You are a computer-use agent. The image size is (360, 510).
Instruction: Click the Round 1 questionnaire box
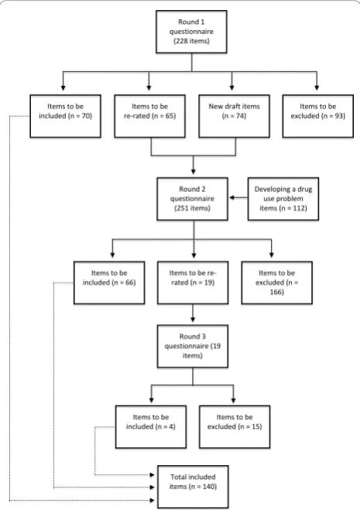click(191, 32)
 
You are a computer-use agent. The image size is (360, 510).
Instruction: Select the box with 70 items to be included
click(66, 116)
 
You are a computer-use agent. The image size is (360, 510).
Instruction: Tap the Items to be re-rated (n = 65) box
click(149, 116)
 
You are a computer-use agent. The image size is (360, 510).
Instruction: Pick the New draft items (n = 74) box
click(234, 116)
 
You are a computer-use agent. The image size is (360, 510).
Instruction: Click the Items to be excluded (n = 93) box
click(318, 116)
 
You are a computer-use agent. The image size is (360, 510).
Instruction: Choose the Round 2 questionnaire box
click(192, 199)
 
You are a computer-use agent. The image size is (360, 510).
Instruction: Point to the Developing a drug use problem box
click(283, 199)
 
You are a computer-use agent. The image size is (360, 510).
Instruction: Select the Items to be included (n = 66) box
click(109, 282)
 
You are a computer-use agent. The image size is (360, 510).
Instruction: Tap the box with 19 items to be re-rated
click(193, 282)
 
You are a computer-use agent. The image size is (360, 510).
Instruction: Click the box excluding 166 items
click(277, 282)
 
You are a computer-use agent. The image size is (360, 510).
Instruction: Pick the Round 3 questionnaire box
click(193, 346)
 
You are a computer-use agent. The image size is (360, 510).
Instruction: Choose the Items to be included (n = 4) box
click(151, 426)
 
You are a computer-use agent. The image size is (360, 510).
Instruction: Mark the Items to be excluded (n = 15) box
click(235, 426)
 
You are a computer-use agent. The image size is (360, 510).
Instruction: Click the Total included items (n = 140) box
click(193, 487)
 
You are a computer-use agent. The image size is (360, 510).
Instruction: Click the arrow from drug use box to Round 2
click(238, 197)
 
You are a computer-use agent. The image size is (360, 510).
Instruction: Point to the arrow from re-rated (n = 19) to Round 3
click(193, 313)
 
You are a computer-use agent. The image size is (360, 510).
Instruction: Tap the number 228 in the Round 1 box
click(182, 41)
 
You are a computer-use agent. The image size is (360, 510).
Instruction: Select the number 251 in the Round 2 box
click(183, 208)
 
